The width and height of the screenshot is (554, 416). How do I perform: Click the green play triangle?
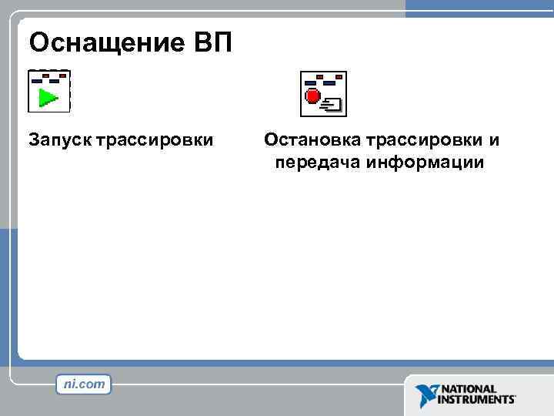[x=48, y=98]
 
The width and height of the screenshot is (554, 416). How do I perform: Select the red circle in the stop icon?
[x=312, y=96]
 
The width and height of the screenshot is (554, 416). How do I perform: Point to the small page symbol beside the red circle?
[x=334, y=103]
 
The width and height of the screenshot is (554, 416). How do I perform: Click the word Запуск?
[x=59, y=141]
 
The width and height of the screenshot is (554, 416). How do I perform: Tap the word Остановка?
[x=312, y=141]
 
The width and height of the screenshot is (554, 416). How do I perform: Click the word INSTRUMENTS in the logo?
[x=476, y=401]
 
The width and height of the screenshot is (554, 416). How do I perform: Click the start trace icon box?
[x=49, y=91]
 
